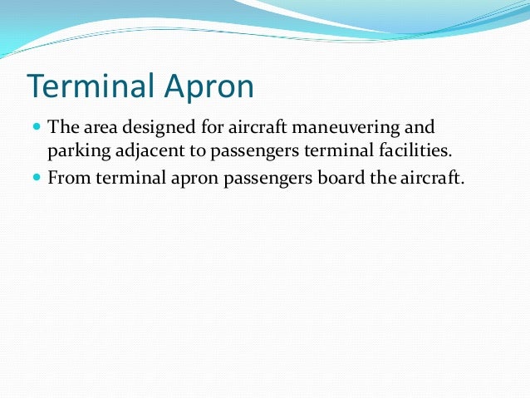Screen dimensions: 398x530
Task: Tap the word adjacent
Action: tap(144, 152)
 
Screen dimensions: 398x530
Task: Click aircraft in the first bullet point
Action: tap(246, 130)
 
